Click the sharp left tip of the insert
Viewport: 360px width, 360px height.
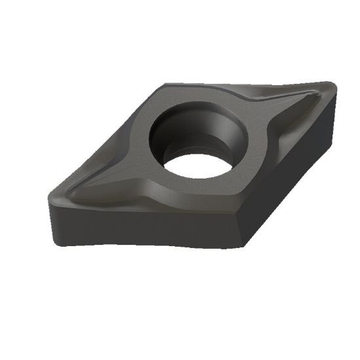point(50,196)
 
